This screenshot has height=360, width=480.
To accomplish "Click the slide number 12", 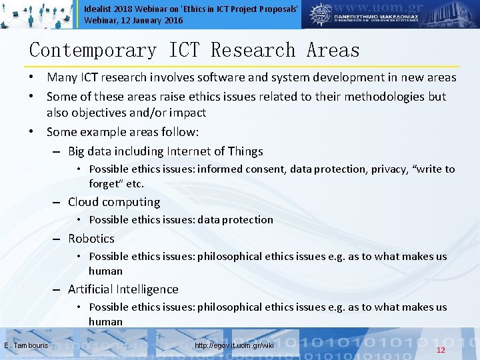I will (440, 350).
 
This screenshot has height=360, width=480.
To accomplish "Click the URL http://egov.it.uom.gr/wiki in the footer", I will (234, 345).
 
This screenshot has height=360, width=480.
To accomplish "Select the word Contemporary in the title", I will (93, 51).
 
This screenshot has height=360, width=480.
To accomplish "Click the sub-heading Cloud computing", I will (114, 202).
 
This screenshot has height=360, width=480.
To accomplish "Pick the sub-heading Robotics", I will (91, 239).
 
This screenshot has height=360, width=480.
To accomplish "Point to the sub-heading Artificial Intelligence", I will (123, 289).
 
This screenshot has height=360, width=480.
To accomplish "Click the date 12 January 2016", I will (150, 21).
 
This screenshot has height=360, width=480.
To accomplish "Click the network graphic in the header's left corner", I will (37, 14).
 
